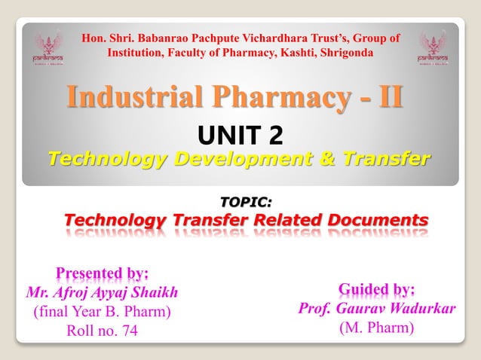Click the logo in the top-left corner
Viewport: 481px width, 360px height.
[47, 47]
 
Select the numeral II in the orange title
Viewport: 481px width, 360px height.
[387, 99]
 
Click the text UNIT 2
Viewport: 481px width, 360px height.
[240, 134]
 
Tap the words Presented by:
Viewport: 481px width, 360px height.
[103, 273]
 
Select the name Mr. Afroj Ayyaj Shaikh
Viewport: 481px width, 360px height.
[103, 291]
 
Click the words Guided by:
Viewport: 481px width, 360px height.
[377, 289]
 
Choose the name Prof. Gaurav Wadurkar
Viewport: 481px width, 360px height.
[377, 309]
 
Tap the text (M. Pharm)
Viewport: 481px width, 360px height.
[377, 328]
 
